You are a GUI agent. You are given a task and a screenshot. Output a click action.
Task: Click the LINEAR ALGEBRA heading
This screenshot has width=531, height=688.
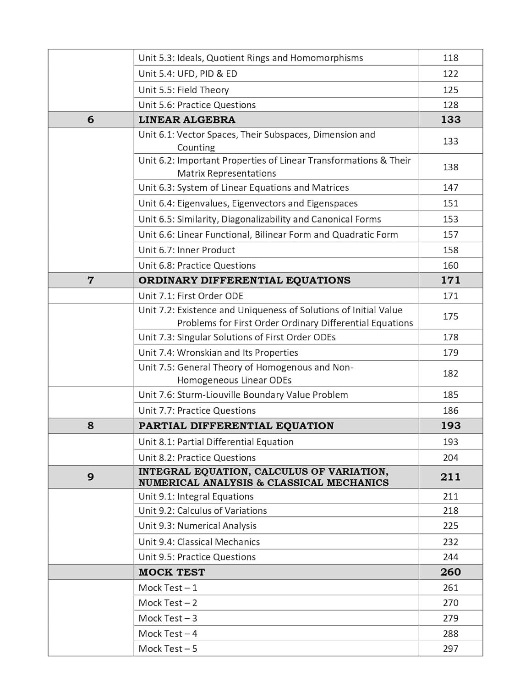(186, 120)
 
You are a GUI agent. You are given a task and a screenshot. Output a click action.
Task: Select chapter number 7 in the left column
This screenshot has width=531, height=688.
(90, 280)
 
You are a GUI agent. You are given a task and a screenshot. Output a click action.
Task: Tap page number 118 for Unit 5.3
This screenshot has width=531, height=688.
(450, 58)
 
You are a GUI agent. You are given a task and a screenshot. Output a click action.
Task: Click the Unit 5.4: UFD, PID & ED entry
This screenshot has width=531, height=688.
(188, 74)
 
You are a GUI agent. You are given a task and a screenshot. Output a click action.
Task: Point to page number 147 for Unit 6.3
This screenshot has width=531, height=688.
(450, 188)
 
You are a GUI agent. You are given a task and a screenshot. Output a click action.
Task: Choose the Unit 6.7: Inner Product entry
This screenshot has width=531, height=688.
(186, 250)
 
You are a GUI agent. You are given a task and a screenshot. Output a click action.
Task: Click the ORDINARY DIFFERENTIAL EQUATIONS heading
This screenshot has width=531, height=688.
(244, 280)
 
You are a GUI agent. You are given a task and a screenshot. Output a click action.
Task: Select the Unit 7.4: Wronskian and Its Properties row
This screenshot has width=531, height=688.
(218, 353)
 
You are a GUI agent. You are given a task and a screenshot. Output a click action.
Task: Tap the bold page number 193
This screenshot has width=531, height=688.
(450, 426)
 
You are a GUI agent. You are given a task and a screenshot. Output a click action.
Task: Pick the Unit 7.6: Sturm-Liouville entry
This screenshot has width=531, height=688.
(243, 395)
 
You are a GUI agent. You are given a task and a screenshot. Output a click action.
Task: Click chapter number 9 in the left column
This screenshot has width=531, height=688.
(90, 477)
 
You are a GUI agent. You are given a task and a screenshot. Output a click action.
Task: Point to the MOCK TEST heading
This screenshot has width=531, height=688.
(172, 572)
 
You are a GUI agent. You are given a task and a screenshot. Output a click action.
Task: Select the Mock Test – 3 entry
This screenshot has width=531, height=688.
(168, 618)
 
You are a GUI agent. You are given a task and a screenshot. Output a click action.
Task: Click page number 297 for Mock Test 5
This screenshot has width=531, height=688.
(450, 649)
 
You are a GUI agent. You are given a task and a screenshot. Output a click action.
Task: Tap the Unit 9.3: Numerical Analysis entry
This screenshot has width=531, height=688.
(197, 526)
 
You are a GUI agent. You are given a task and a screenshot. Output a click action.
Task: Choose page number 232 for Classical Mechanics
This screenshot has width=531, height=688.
(450, 542)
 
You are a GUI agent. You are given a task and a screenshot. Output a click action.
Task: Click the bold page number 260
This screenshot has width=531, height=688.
(450, 572)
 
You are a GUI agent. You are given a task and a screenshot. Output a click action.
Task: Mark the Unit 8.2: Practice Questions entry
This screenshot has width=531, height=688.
(197, 458)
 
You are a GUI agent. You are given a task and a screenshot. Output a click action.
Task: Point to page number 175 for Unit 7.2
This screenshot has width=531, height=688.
(450, 316)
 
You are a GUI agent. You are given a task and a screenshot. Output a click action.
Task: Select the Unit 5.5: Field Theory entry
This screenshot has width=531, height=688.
(184, 90)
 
